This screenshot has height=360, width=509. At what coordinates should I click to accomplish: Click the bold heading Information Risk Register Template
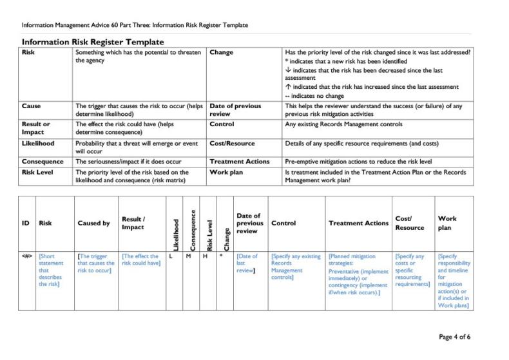tap(93, 42)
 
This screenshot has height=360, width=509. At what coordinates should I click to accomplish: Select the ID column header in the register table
tap(26, 223)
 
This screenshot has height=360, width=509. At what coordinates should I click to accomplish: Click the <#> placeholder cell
tap(27, 256)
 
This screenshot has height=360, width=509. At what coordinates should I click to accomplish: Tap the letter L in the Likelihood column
tap(171, 256)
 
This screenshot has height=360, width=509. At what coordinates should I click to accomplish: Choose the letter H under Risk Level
tap(205, 256)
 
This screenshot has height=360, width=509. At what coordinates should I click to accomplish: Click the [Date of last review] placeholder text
tap(247, 263)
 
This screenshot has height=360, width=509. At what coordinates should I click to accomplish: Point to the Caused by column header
tap(93, 223)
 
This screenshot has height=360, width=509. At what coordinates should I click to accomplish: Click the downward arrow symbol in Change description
tap(287, 70)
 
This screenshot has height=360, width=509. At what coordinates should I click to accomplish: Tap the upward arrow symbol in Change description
tap(287, 87)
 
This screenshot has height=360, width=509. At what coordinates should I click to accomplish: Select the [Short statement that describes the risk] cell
tap(52, 270)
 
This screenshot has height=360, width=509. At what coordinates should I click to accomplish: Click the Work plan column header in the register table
tap(447, 223)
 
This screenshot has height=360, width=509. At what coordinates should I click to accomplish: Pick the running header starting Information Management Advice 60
tap(135, 25)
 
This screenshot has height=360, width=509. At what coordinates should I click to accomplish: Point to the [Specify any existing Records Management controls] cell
tap(295, 267)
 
